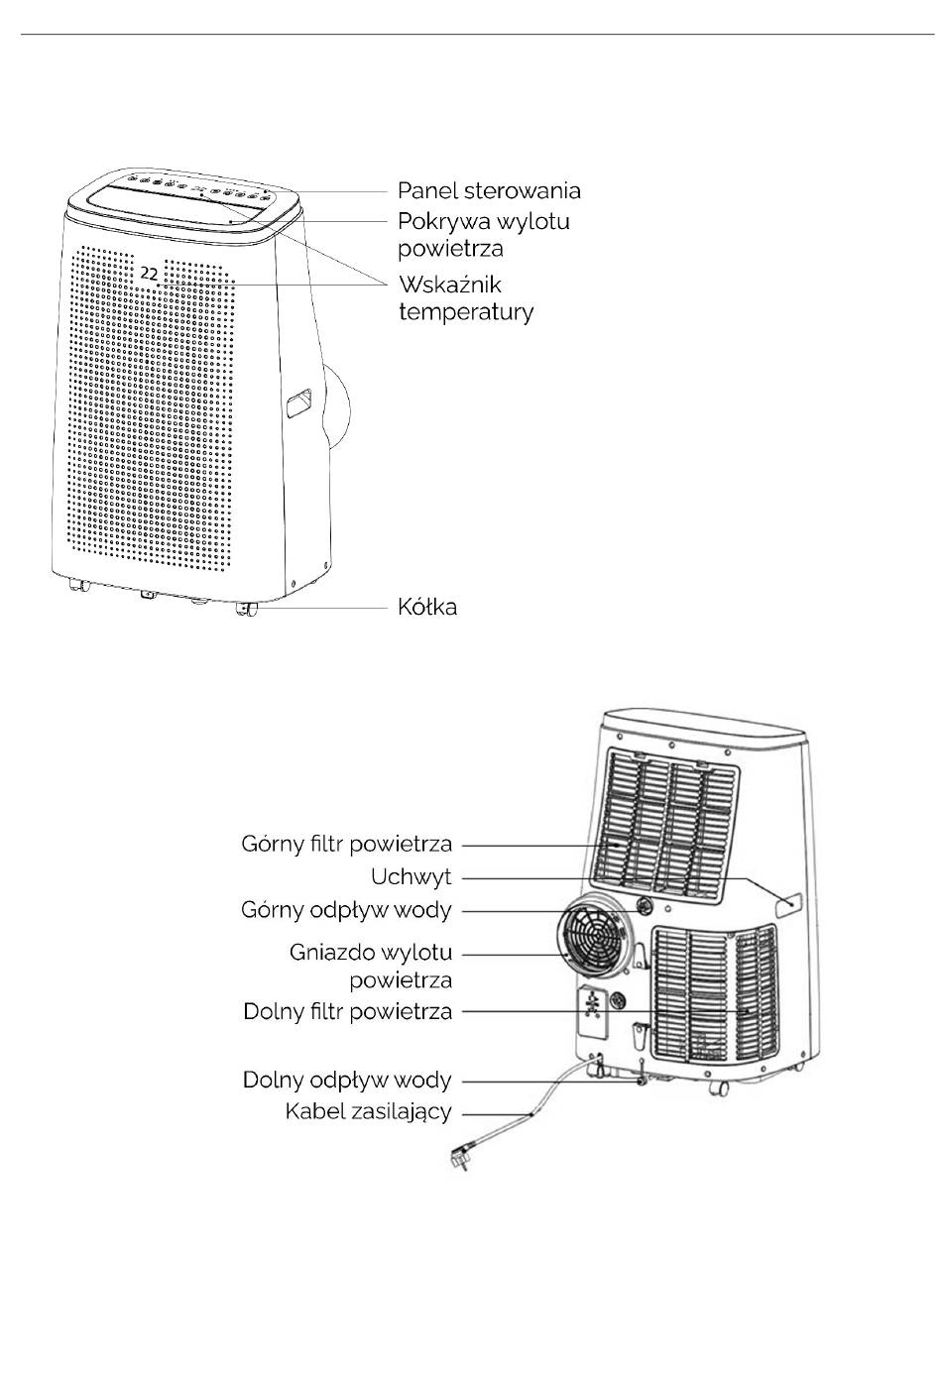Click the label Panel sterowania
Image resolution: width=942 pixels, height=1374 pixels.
(489, 190)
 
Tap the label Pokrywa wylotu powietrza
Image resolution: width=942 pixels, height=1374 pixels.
(484, 234)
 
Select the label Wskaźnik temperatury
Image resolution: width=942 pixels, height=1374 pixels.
(466, 298)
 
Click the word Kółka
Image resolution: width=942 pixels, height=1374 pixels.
(427, 607)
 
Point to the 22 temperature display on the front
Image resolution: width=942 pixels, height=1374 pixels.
(149, 274)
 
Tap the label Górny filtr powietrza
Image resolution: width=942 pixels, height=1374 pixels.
(347, 844)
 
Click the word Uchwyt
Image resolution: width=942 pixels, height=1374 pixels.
(412, 877)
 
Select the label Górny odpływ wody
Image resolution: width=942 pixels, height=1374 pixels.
(346, 910)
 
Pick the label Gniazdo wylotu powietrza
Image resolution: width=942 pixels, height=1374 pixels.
(371, 966)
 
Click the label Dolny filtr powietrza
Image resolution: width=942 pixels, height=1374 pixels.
(347, 1011)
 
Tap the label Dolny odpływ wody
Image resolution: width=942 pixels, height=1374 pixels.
(347, 1080)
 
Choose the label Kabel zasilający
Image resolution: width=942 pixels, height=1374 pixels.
(368, 1111)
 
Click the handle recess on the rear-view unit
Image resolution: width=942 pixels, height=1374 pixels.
(789, 905)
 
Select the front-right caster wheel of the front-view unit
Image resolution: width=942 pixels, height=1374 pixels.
(247, 609)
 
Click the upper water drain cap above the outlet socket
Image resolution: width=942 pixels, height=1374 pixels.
(644, 905)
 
